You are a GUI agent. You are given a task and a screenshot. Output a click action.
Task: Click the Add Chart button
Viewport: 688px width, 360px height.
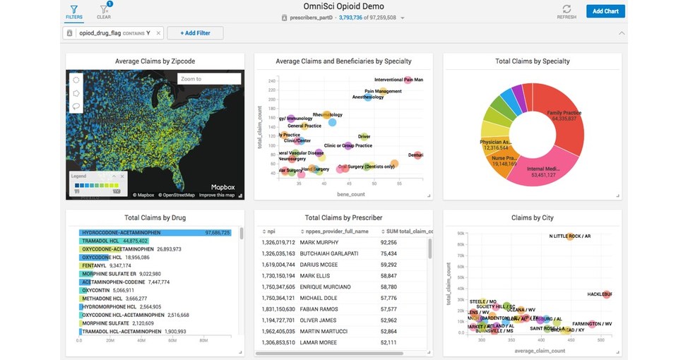point(605,11)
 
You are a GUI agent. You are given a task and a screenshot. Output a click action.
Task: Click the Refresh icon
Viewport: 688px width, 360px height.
point(567,9)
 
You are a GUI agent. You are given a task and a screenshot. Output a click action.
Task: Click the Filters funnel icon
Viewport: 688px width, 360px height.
point(73,9)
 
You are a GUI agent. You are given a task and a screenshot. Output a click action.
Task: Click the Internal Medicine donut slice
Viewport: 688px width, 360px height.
point(543,169)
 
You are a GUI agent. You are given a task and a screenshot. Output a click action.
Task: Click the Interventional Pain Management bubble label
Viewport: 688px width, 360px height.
point(398,80)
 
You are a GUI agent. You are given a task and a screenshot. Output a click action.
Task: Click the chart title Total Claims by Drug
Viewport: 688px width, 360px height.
point(155,218)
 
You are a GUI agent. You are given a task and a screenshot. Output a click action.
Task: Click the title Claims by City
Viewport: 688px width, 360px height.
point(532,218)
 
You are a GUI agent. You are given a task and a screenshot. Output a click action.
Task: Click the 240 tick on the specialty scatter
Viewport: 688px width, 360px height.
point(271,80)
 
